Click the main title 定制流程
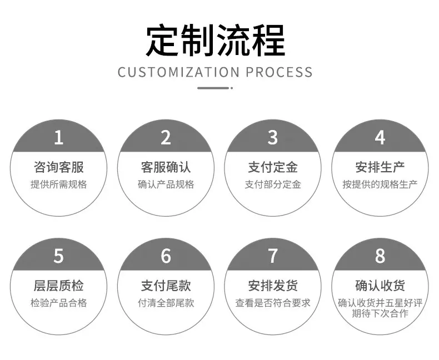click(x=216, y=41)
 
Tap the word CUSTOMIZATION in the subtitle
click(x=178, y=72)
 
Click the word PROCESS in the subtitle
click(x=279, y=72)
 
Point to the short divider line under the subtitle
click(x=215, y=88)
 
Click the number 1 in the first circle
click(x=58, y=137)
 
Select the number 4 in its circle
click(x=380, y=137)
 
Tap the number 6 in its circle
click(x=166, y=256)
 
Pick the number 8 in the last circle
click(x=380, y=256)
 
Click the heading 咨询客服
click(x=59, y=167)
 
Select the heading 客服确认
click(x=166, y=167)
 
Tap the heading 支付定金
click(x=273, y=167)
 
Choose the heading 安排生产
click(x=380, y=167)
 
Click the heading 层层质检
click(x=59, y=286)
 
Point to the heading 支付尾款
click(x=166, y=286)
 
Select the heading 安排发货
click(x=273, y=286)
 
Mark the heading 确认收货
click(x=380, y=286)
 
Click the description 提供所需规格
click(x=59, y=184)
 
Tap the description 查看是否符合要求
click(x=273, y=303)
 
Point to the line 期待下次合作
click(x=380, y=313)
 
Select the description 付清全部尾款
click(x=166, y=303)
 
